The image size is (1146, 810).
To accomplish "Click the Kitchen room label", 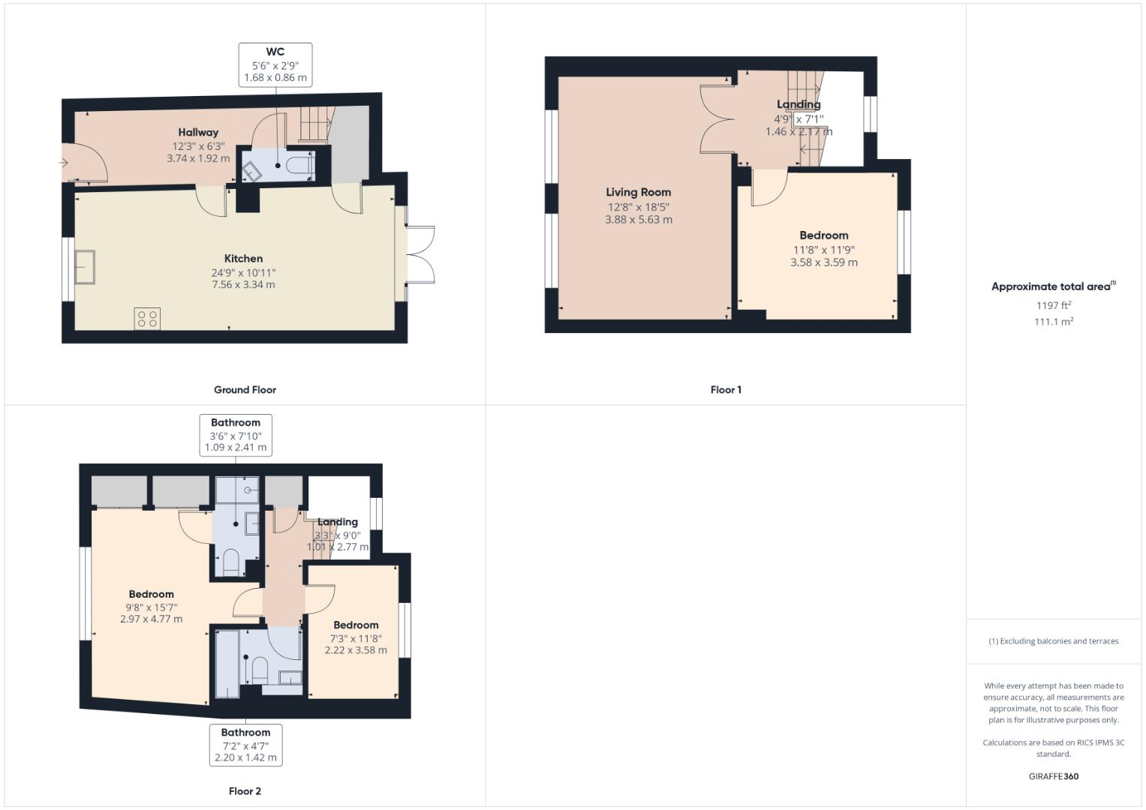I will click(x=243, y=259).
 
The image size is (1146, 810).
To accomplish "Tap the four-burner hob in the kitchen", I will click(x=147, y=319).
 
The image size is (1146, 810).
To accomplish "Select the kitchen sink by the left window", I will click(x=84, y=267).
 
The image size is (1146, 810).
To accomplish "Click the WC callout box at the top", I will click(x=275, y=64).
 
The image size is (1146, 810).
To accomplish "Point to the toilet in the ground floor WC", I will click(x=301, y=165).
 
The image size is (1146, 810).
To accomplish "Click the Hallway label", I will click(x=198, y=133).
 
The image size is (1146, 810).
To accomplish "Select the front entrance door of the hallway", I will click(x=84, y=169).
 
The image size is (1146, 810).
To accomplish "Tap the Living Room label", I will click(x=638, y=192).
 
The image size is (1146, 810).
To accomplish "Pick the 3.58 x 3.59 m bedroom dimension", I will click(x=823, y=262).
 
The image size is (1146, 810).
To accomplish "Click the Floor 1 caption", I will click(x=725, y=390).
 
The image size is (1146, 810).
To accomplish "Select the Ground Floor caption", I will click(x=245, y=390).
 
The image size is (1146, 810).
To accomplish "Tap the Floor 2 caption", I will click(x=245, y=791).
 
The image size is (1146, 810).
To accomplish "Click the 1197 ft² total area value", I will click(x=1053, y=305).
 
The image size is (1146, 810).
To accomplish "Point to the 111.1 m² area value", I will click(x=1053, y=322).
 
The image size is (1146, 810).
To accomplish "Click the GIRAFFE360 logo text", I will click(x=1053, y=776).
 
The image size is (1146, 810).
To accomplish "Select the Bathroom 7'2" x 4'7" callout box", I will click(x=245, y=745).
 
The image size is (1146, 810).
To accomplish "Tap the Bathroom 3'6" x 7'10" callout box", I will click(x=236, y=435).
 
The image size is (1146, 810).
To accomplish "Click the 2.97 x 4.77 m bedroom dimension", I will click(x=151, y=619).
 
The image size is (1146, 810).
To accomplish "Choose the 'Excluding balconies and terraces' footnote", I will click(x=1053, y=641).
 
